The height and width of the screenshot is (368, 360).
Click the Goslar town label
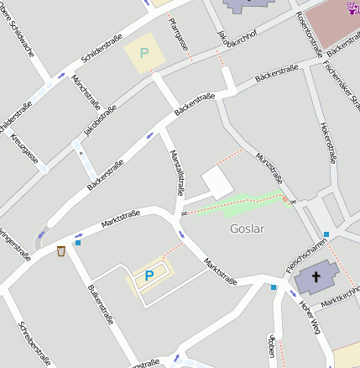point(247,229)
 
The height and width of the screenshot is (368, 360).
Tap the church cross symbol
point(317,276)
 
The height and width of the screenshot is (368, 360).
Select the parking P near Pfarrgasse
point(143,53)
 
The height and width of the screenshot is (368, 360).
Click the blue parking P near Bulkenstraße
point(149,275)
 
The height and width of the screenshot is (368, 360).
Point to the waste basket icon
point(61,250)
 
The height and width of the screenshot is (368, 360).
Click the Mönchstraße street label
point(86,93)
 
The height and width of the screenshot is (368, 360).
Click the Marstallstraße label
point(176,169)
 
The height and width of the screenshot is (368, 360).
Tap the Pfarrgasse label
point(179,34)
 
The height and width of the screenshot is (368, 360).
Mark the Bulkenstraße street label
point(100,303)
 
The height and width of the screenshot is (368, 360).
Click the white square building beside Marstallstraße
point(216,182)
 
